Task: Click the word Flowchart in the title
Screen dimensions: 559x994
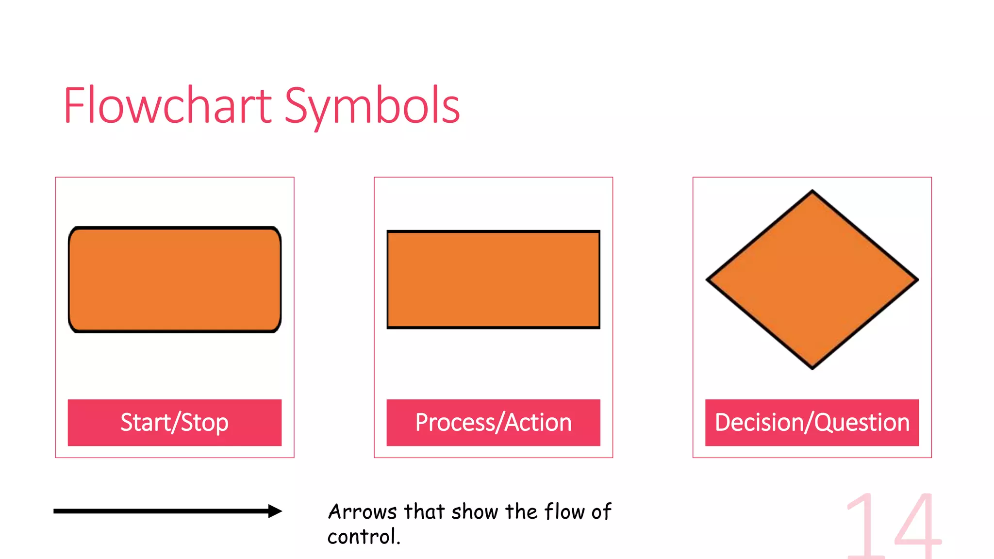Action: coord(167,105)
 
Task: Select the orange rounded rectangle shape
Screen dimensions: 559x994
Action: coord(175,279)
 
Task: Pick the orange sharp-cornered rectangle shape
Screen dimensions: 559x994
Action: coord(493,279)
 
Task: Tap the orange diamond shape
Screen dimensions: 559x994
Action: coord(812,279)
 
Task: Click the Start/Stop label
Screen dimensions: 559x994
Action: coord(175,423)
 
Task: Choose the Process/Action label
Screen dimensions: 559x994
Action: coord(493,423)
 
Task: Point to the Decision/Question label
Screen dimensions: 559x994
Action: coord(812,423)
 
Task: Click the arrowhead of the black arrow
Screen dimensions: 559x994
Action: coord(276,511)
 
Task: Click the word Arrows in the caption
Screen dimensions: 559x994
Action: coord(363,512)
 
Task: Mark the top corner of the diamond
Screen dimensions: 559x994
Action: coord(812,191)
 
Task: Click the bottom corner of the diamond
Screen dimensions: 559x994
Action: coord(812,368)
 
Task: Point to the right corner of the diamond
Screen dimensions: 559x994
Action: coord(917,279)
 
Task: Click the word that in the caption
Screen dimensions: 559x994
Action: coord(424,512)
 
